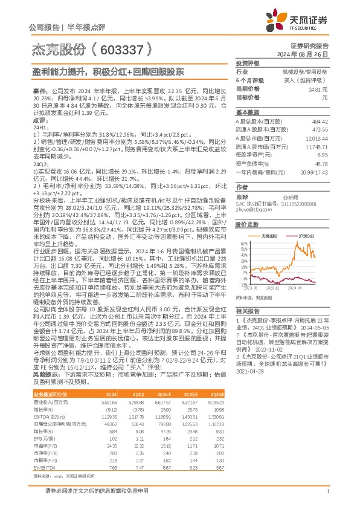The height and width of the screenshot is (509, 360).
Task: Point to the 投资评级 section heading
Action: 248,63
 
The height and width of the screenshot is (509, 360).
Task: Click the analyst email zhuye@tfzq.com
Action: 251,210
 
